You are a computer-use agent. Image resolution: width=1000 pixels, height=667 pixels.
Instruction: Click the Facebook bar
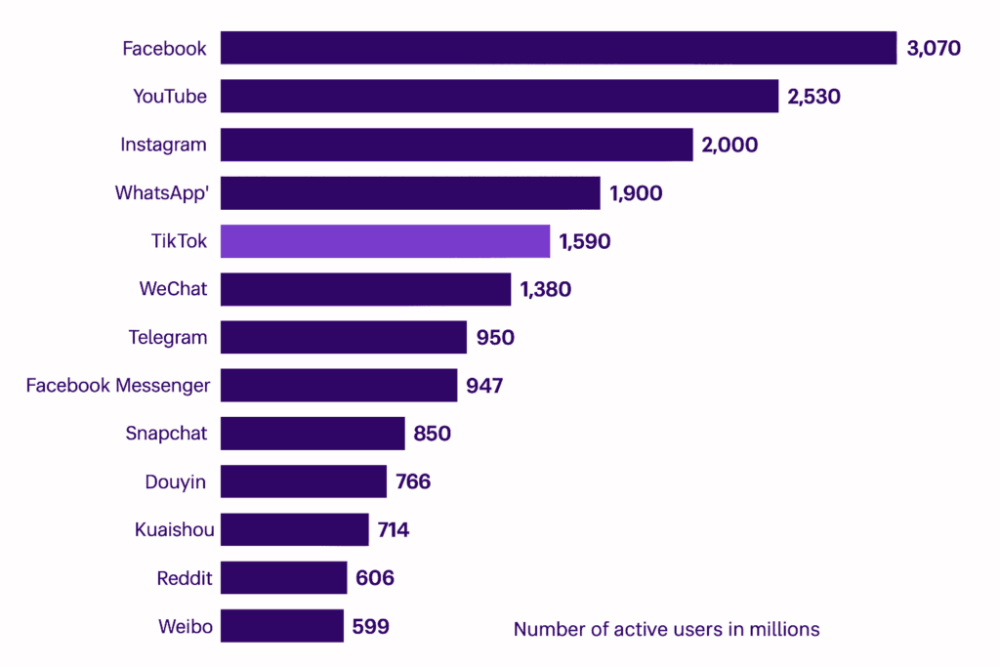(558, 48)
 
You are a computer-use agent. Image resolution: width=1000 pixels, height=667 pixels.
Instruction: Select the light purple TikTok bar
(385, 241)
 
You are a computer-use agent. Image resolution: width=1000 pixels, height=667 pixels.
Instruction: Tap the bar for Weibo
(281, 626)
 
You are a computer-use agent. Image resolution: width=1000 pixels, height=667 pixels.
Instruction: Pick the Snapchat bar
(312, 434)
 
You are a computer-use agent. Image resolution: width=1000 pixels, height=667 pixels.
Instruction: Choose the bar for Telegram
(343, 338)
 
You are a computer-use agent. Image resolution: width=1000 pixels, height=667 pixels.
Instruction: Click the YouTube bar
(499, 96)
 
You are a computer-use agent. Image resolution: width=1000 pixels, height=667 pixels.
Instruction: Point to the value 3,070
(934, 48)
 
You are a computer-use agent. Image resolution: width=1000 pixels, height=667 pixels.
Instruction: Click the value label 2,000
(729, 145)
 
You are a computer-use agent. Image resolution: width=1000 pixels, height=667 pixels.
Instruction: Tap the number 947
(484, 386)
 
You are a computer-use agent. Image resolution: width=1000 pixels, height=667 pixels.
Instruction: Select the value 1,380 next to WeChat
(545, 289)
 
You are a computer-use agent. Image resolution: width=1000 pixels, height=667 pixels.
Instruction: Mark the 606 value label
(375, 578)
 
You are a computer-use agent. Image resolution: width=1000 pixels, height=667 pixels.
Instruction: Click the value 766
(413, 481)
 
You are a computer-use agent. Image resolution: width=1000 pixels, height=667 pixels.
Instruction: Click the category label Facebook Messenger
(117, 385)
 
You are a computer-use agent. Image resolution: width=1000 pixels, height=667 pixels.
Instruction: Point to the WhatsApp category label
(162, 192)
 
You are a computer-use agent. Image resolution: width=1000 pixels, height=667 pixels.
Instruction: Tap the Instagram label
(163, 145)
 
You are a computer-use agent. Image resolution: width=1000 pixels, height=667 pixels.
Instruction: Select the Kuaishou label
(174, 530)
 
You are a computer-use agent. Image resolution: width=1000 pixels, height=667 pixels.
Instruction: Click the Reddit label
(184, 578)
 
